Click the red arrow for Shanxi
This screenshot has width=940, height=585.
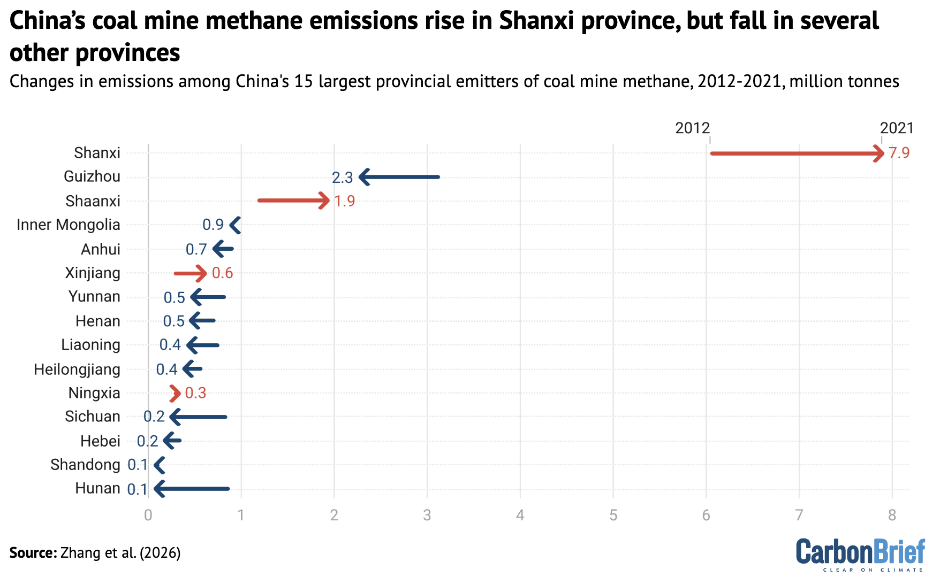(797, 153)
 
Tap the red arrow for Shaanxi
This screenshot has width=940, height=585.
(293, 201)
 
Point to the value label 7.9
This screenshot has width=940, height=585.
(899, 153)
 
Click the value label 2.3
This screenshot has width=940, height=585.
(342, 178)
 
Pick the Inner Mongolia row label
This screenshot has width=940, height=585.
(68, 225)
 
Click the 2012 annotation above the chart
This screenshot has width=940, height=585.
(692, 128)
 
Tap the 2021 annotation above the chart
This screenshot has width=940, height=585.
(897, 128)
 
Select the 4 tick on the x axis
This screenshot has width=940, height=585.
(520, 515)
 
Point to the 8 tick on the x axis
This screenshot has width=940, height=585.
(892, 515)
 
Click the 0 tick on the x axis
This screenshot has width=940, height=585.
(148, 515)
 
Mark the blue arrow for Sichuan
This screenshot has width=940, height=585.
(198, 417)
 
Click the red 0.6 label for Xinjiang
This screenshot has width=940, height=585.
(222, 273)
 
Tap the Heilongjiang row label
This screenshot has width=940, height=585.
(77, 370)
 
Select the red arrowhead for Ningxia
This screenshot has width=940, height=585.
(175, 394)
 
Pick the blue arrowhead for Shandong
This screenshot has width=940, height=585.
(160, 465)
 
